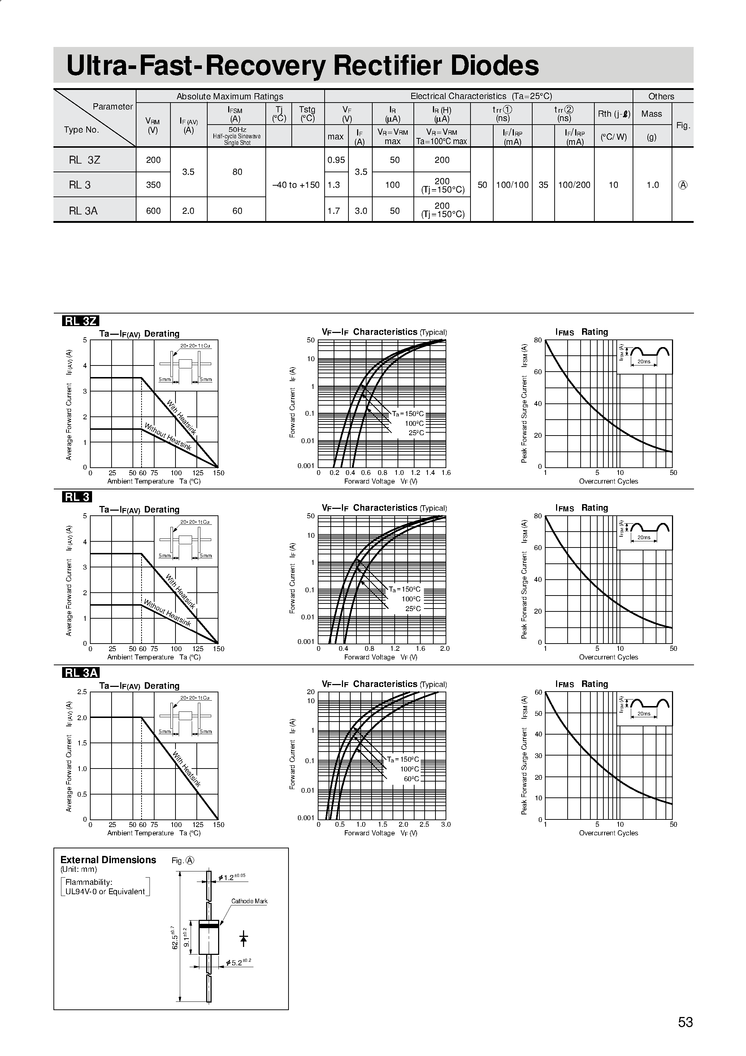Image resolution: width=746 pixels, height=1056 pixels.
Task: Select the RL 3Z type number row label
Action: [84, 160]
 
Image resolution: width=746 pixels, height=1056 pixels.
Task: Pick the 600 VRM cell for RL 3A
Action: [153, 211]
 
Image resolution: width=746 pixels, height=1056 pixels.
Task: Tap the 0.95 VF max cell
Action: [336, 160]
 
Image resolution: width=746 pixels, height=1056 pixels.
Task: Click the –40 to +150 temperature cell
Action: [295, 185]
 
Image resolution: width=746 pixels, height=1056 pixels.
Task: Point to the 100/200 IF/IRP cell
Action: [574, 185]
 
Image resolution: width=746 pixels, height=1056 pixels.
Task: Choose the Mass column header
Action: [652, 114]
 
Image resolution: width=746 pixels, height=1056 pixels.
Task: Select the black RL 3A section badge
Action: [81, 673]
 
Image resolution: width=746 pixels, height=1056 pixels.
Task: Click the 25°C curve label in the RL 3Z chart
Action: [416, 433]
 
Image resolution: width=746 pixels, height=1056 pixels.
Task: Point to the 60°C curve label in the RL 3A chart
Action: [412, 779]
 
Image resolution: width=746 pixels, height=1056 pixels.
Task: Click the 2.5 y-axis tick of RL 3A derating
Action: [82, 692]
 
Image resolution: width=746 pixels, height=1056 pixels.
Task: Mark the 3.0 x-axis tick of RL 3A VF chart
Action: [446, 824]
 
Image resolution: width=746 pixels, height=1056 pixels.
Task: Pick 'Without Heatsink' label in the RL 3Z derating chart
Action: [168, 437]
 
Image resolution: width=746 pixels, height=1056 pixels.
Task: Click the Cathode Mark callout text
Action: [249, 901]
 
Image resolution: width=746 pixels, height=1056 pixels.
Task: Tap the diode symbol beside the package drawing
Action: [244, 938]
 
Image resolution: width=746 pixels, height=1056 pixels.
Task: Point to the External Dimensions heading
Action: [109, 860]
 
